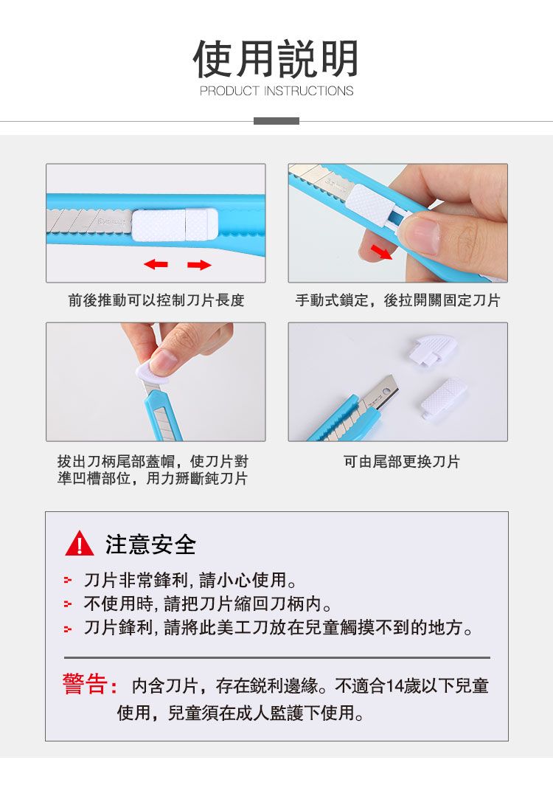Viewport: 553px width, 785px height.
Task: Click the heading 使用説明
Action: click(276, 59)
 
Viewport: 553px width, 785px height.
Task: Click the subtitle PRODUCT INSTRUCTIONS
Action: click(276, 91)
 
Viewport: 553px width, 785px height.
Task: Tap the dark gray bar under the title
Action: click(276, 121)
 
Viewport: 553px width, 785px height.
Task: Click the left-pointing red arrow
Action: click(156, 264)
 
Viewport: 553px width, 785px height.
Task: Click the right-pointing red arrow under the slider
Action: click(199, 264)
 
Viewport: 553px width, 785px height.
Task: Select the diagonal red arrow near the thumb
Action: click(381, 252)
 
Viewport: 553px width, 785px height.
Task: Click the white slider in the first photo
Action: click(175, 225)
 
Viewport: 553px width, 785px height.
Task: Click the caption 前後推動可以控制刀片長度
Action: click(156, 300)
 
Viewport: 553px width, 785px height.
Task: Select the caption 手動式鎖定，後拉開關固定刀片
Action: click(398, 300)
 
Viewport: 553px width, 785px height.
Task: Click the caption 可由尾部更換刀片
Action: click(401, 462)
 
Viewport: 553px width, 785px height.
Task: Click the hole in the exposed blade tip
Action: click(385, 390)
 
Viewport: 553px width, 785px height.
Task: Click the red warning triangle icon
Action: click(80, 544)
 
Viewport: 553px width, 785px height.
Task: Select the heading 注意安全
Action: click(150, 544)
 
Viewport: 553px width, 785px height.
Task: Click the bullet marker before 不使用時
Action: click(68, 604)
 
